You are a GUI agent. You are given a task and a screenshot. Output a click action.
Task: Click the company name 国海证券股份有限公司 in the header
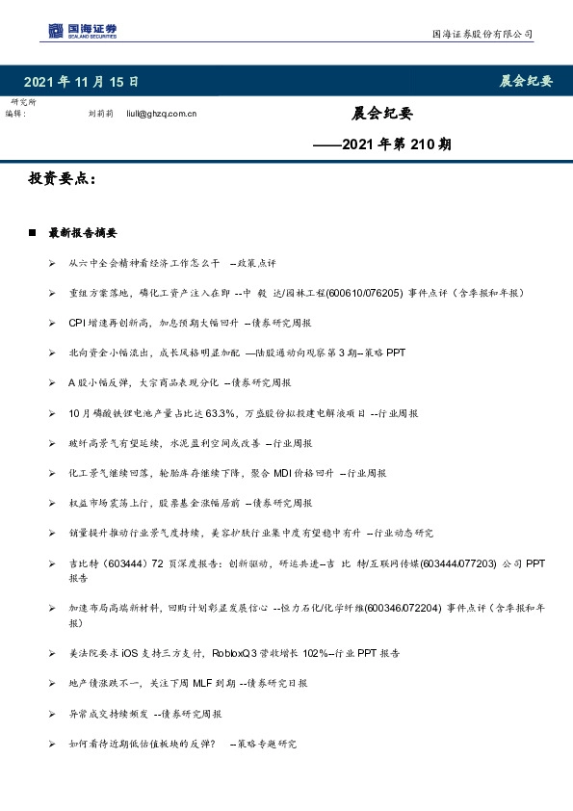coord(482,34)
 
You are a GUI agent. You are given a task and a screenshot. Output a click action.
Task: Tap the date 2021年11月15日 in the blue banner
coord(81,81)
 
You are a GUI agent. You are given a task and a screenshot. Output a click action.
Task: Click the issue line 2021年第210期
coord(383,145)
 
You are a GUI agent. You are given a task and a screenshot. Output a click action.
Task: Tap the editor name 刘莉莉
coord(101,114)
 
